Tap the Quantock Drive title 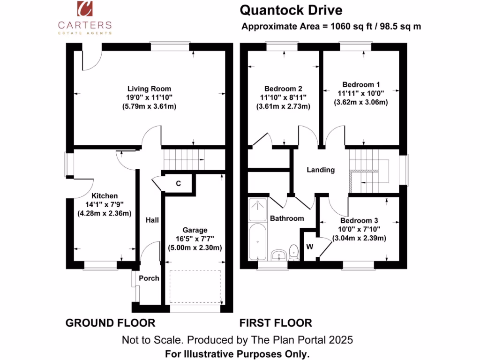pyautogui.click(x=291, y=10)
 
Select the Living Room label pyautogui.click(x=149, y=88)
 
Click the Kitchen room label pyautogui.click(x=105, y=195)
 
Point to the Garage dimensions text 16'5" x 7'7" pyautogui.click(x=195, y=239)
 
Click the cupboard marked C pyautogui.click(x=178, y=183)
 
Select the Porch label pyautogui.click(x=150, y=278)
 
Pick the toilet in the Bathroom pyautogui.click(x=294, y=252)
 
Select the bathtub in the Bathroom pyautogui.click(x=257, y=242)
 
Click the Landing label pyautogui.click(x=321, y=170)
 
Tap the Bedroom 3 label pyautogui.click(x=359, y=220)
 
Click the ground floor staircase pyautogui.click(x=184, y=159)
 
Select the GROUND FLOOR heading pyautogui.click(x=110, y=323)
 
